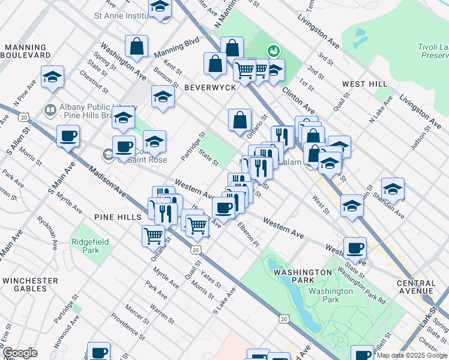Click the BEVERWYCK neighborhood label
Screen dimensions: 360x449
[x=210, y=88]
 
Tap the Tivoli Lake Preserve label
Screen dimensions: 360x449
[x=433, y=51]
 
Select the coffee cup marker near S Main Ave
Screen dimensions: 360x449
[x=68, y=136]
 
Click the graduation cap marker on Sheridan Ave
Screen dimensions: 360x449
[x=393, y=189]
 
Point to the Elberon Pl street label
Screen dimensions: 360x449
[x=249, y=235]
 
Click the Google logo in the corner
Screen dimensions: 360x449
[x=20, y=353]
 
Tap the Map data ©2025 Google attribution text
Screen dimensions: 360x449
[x=412, y=355]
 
